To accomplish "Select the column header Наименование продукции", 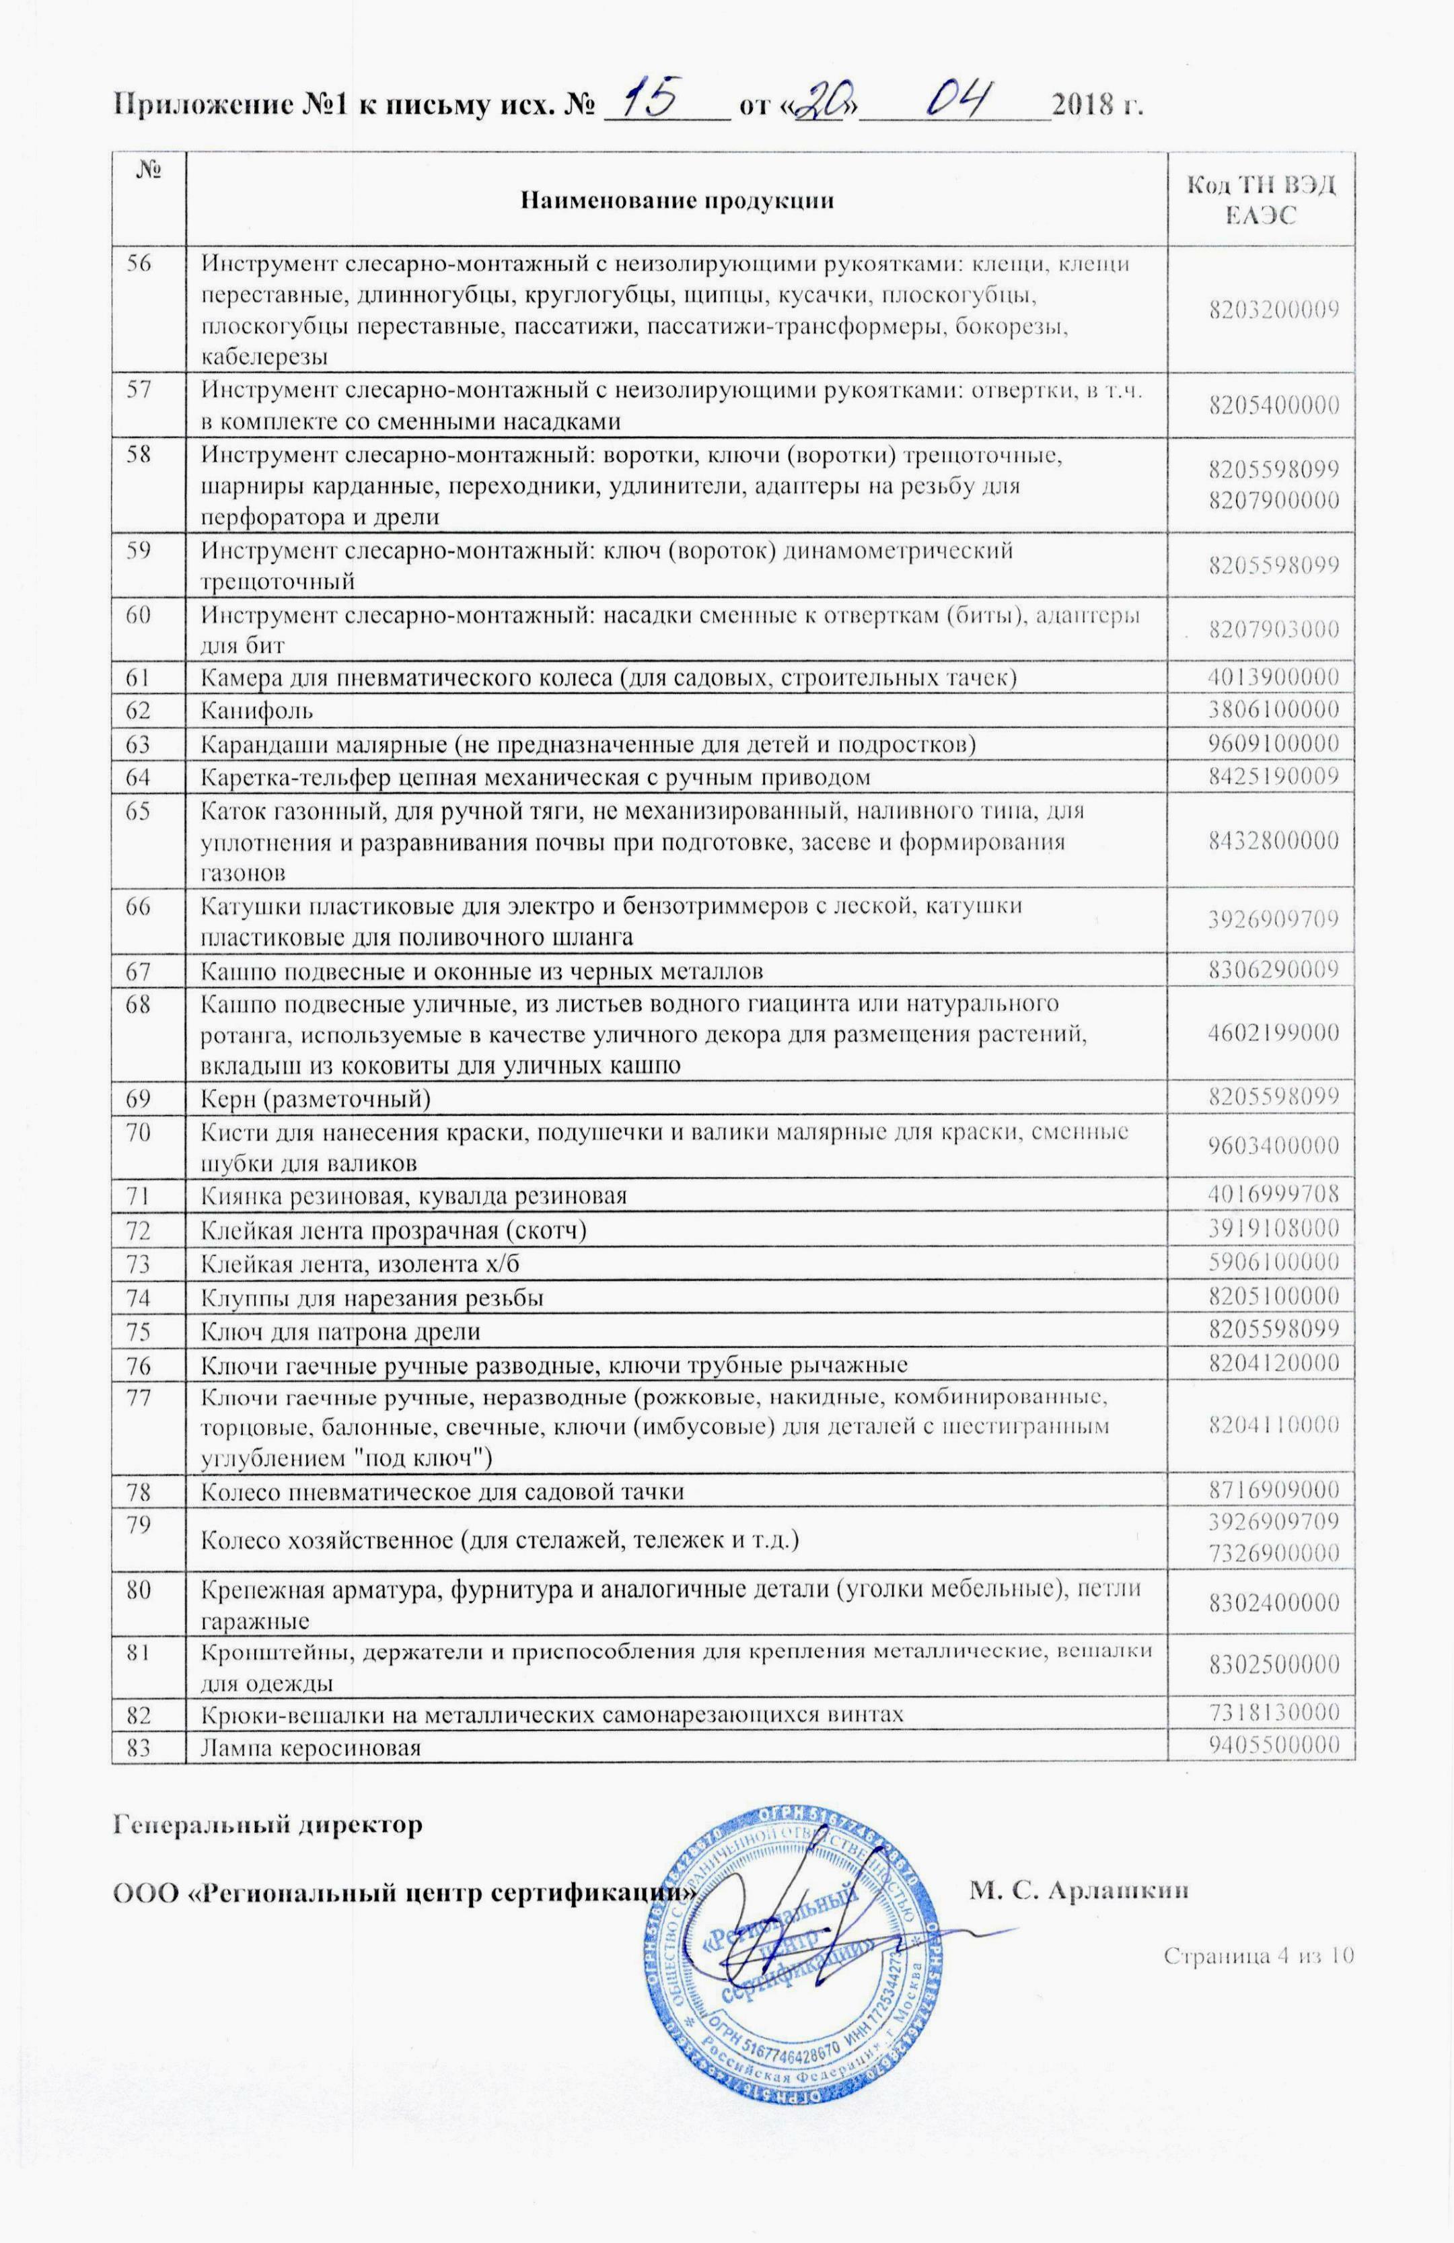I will (x=678, y=200).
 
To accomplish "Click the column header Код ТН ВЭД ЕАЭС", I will (x=1261, y=200).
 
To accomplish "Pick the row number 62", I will (x=139, y=711).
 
